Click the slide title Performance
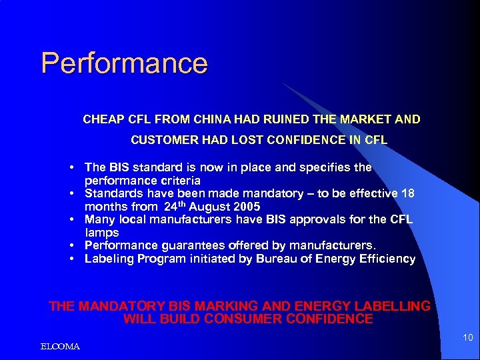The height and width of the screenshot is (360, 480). click(124, 63)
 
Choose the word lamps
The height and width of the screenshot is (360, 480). click(101, 233)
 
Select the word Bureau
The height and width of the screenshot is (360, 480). click(275, 259)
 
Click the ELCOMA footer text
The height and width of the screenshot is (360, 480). click(60, 347)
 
